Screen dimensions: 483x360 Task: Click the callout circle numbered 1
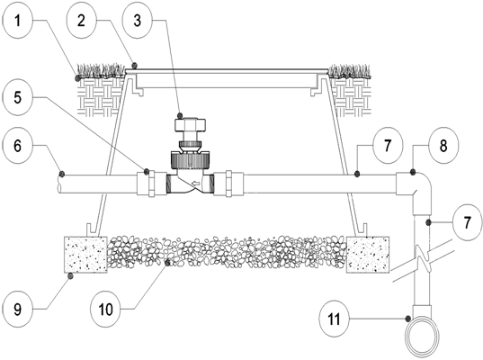click(17, 22)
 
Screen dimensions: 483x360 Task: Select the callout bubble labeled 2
click(81, 22)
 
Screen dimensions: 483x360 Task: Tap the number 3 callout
click(138, 21)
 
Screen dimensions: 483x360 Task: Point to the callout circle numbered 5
click(17, 98)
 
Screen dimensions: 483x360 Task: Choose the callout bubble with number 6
click(17, 146)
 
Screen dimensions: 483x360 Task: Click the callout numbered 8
click(443, 146)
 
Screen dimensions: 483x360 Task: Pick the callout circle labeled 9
click(17, 309)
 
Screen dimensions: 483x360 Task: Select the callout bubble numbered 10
click(105, 309)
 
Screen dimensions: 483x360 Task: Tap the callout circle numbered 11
click(335, 319)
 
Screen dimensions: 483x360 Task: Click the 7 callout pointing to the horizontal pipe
click(388, 146)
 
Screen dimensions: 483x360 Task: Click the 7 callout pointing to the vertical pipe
click(468, 222)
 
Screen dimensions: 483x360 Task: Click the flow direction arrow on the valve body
click(195, 184)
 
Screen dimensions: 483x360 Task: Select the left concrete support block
click(85, 255)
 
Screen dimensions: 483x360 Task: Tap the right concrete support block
click(368, 255)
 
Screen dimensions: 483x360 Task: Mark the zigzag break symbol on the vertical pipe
click(422, 259)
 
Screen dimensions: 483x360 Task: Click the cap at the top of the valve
click(191, 125)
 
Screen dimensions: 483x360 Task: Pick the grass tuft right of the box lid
click(349, 71)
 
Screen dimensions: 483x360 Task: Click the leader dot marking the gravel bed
click(167, 263)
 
